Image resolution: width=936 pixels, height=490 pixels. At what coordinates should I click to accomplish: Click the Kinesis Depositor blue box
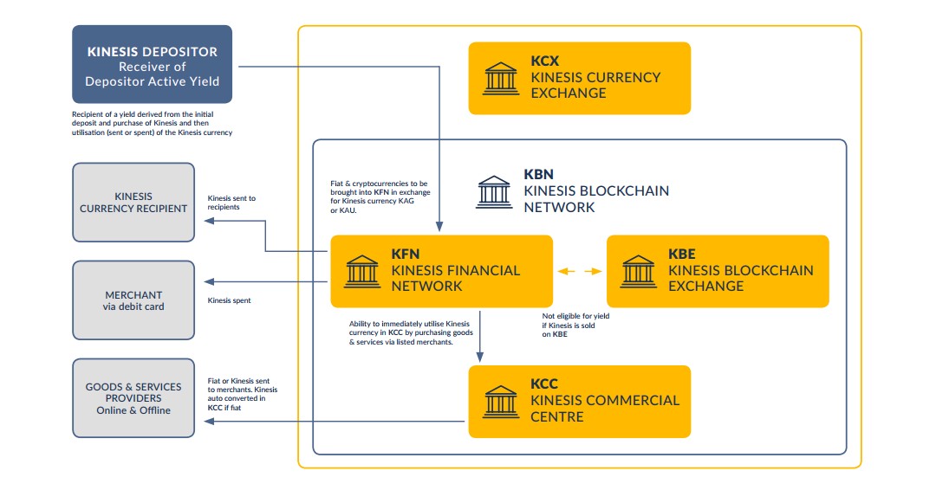pos(152,64)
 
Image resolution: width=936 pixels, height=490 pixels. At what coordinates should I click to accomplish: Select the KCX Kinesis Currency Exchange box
pos(579,78)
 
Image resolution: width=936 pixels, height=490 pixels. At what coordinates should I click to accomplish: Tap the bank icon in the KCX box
pos(501,78)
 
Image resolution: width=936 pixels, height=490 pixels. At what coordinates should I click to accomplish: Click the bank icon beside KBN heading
pos(494,191)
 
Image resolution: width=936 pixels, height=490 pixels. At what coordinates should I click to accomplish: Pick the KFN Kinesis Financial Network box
pos(441,271)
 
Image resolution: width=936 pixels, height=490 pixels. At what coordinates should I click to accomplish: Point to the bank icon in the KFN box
pos(362,271)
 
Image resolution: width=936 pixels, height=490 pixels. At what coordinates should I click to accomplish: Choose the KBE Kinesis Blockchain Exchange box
pos(718,271)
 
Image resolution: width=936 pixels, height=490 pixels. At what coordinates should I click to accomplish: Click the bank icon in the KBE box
pos(639,271)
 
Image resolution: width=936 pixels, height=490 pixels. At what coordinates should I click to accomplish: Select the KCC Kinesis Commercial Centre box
pos(579,401)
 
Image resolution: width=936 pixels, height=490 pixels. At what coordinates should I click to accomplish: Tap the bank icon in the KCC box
pos(501,401)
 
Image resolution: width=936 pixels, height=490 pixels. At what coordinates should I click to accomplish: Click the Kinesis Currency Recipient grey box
pos(133,202)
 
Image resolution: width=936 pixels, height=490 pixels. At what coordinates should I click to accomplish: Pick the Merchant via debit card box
pos(133,300)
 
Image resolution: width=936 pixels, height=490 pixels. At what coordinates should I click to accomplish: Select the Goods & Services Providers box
pos(133,399)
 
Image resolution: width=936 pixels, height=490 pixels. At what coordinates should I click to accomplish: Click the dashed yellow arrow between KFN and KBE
pos(579,271)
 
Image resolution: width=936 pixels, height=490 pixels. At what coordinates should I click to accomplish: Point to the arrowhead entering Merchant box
pos(208,281)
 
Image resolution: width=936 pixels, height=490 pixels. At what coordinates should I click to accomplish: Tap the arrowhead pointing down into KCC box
pos(480,356)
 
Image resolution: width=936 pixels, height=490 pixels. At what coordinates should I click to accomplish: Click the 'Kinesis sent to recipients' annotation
pos(231,203)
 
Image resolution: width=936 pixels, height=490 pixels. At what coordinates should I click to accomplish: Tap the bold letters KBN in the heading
pos(539,175)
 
